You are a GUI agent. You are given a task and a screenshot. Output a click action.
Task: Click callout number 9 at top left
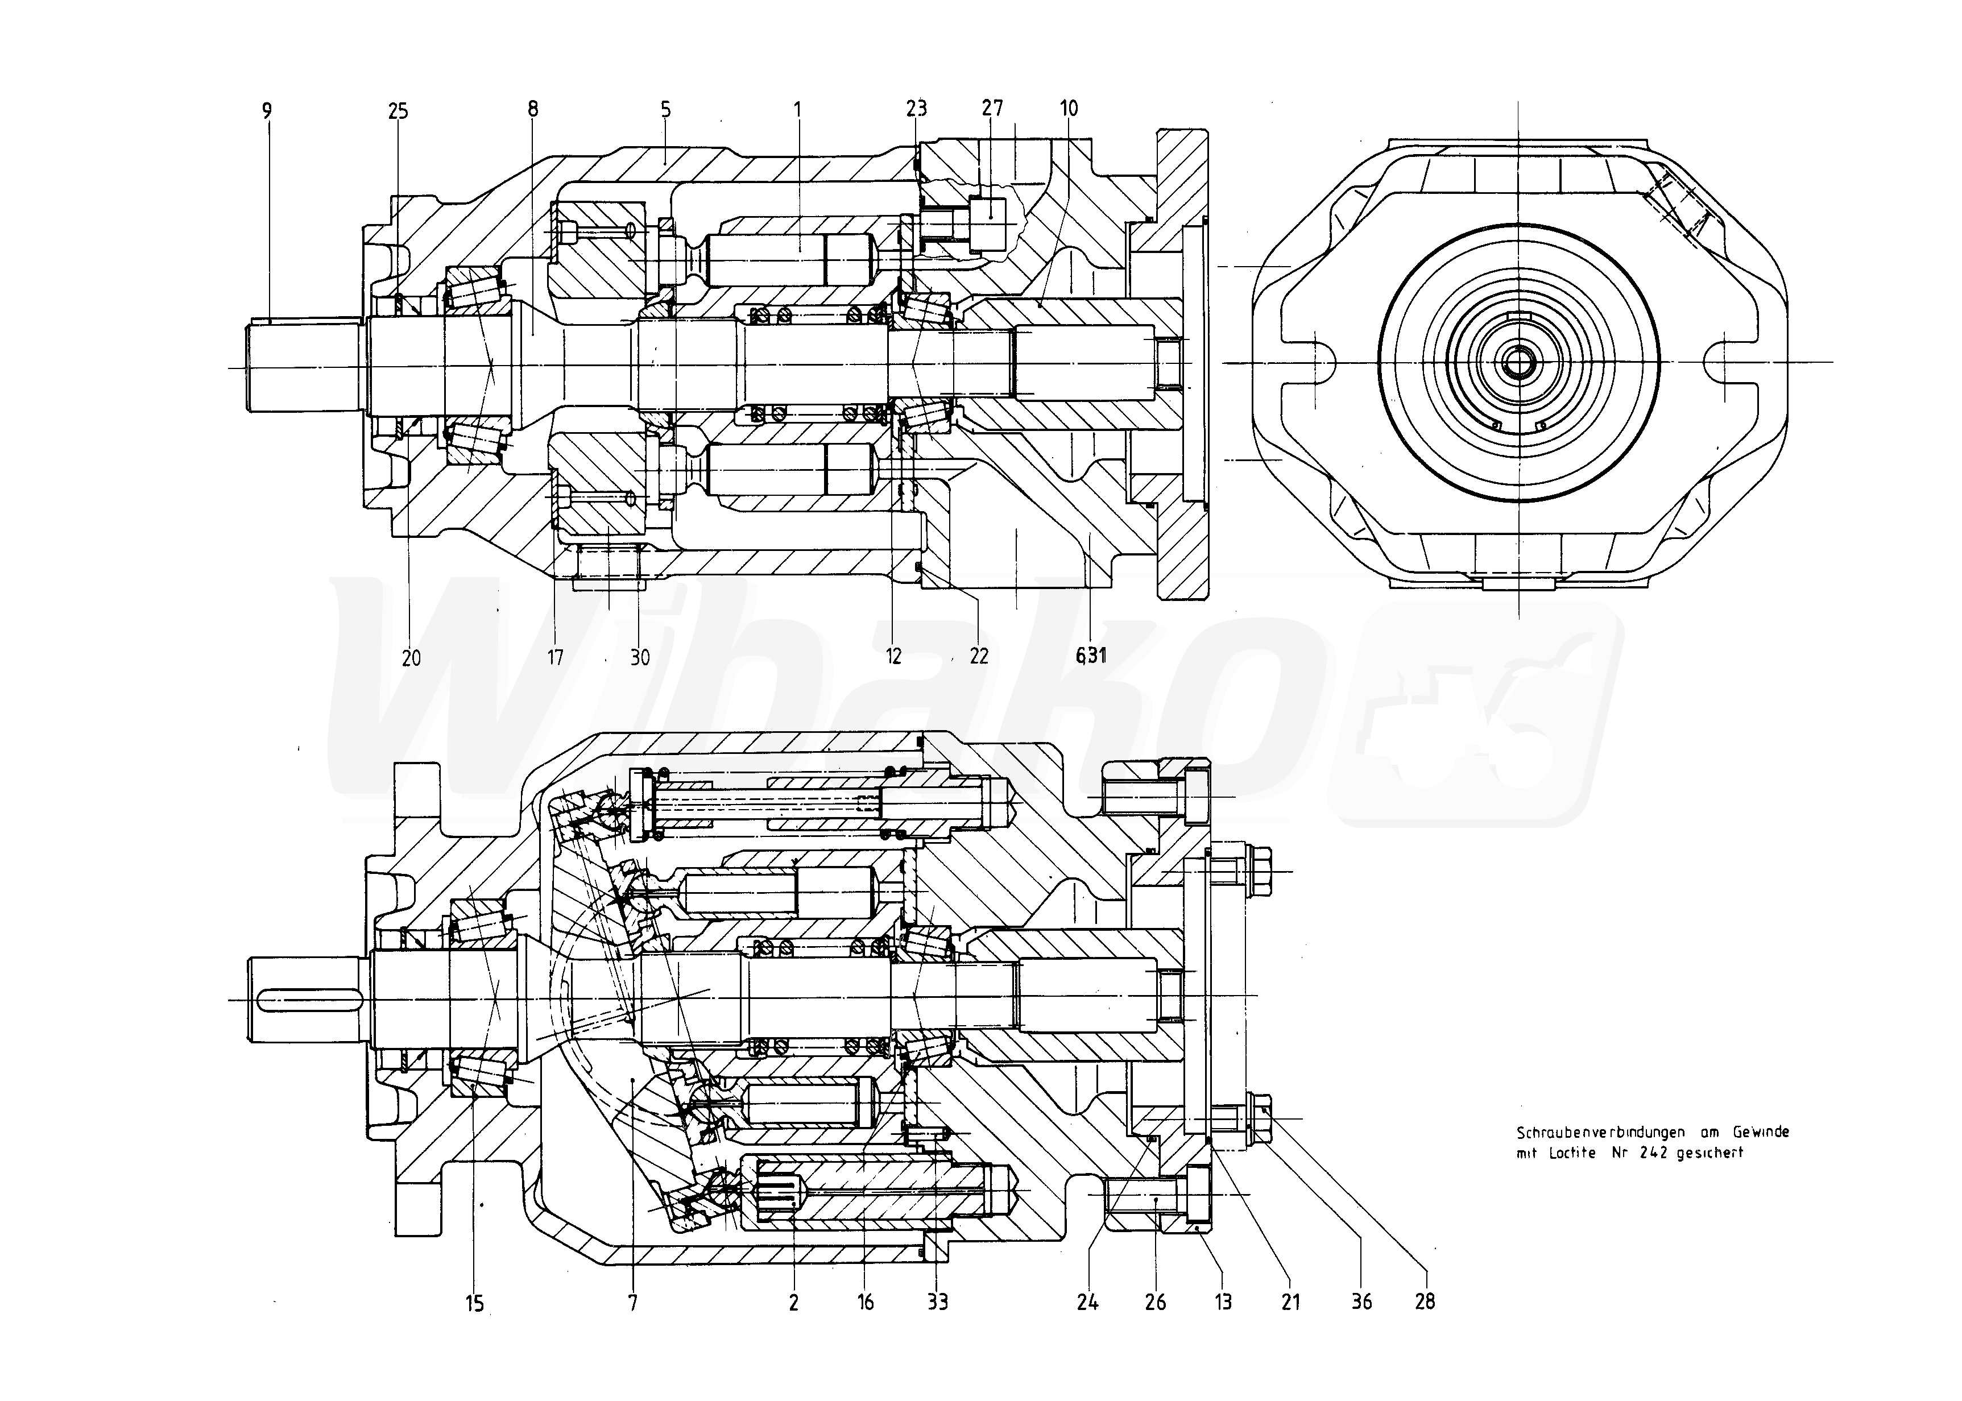[x=267, y=110]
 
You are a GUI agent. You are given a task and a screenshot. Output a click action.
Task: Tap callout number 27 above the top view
[x=992, y=108]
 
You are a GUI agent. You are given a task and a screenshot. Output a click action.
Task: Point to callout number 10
[x=1069, y=108]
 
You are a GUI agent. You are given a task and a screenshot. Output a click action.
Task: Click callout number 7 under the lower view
[x=634, y=1303]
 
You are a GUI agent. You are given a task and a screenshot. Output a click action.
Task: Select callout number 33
[x=938, y=1302]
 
